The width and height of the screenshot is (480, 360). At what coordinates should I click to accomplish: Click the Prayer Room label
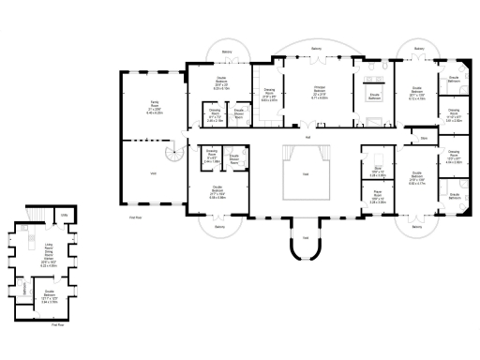pos(377,199)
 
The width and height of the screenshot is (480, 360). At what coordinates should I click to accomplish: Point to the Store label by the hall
pos(423,138)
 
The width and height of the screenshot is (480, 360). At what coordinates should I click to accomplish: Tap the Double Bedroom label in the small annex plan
pos(49,299)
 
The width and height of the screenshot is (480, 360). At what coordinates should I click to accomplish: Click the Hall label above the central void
pos(307,139)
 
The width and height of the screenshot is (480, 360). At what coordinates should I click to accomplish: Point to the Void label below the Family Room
pos(153,174)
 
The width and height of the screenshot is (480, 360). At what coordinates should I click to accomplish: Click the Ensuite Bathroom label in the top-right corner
pos(454,79)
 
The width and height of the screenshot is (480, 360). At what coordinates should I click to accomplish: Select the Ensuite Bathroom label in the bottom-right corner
pos(454,197)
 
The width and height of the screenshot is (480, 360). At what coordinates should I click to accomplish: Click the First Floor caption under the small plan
pos(57,325)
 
